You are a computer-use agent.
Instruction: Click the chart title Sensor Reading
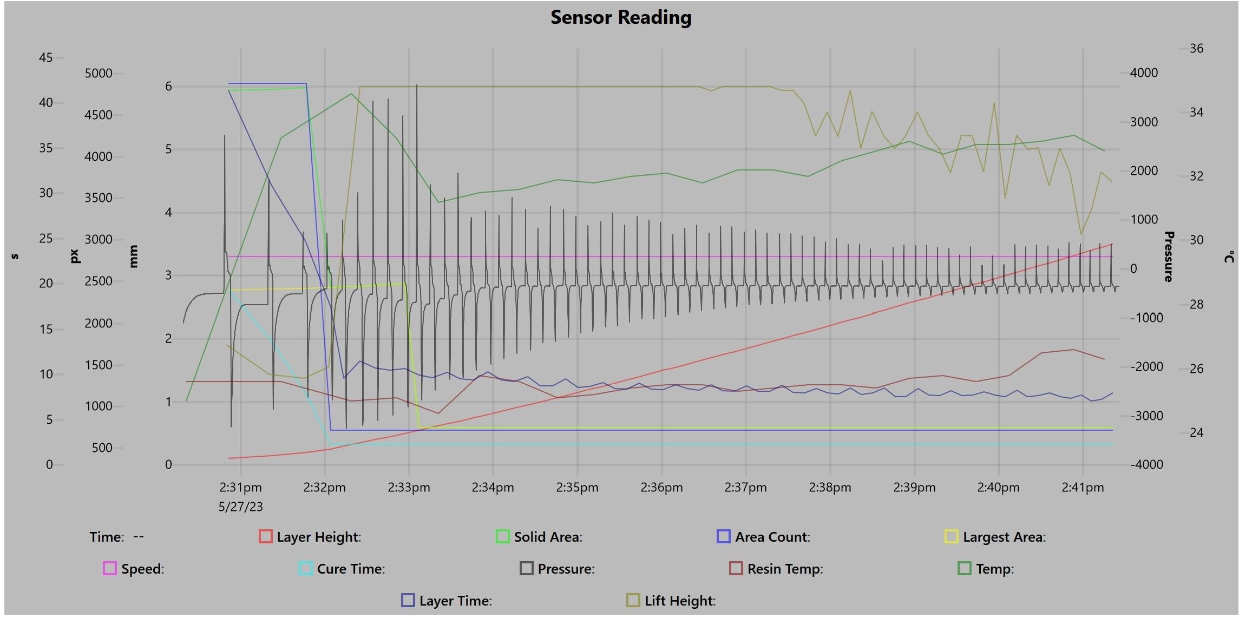coord(620,17)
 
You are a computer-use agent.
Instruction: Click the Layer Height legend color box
coord(265,536)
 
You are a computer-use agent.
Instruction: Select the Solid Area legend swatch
coord(502,536)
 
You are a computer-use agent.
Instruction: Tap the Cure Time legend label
coord(351,569)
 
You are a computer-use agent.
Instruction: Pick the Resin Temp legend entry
coord(784,569)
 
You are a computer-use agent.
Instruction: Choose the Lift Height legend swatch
coord(632,600)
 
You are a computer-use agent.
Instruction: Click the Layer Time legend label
coord(455,601)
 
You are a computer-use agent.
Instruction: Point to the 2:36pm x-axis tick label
coord(661,488)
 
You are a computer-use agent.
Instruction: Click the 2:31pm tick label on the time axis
coord(240,488)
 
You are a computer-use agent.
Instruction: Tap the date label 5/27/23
coord(240,507)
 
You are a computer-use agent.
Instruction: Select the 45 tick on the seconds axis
coord(46,57)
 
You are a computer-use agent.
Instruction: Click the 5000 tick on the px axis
coord(99,73)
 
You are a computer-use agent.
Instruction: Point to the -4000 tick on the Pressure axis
coord(1146,464)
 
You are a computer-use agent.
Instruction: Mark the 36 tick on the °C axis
coord(1196,49)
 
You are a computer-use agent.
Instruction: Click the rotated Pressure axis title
coord(1169,257)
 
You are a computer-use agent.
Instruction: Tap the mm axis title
coord(134,256)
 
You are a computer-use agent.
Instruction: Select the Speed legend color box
coord(109,568)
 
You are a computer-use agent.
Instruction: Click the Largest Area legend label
coord(1004,537)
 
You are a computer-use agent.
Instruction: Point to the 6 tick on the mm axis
coord(168,87)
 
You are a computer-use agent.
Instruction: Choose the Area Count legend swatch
coord(723,536)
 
